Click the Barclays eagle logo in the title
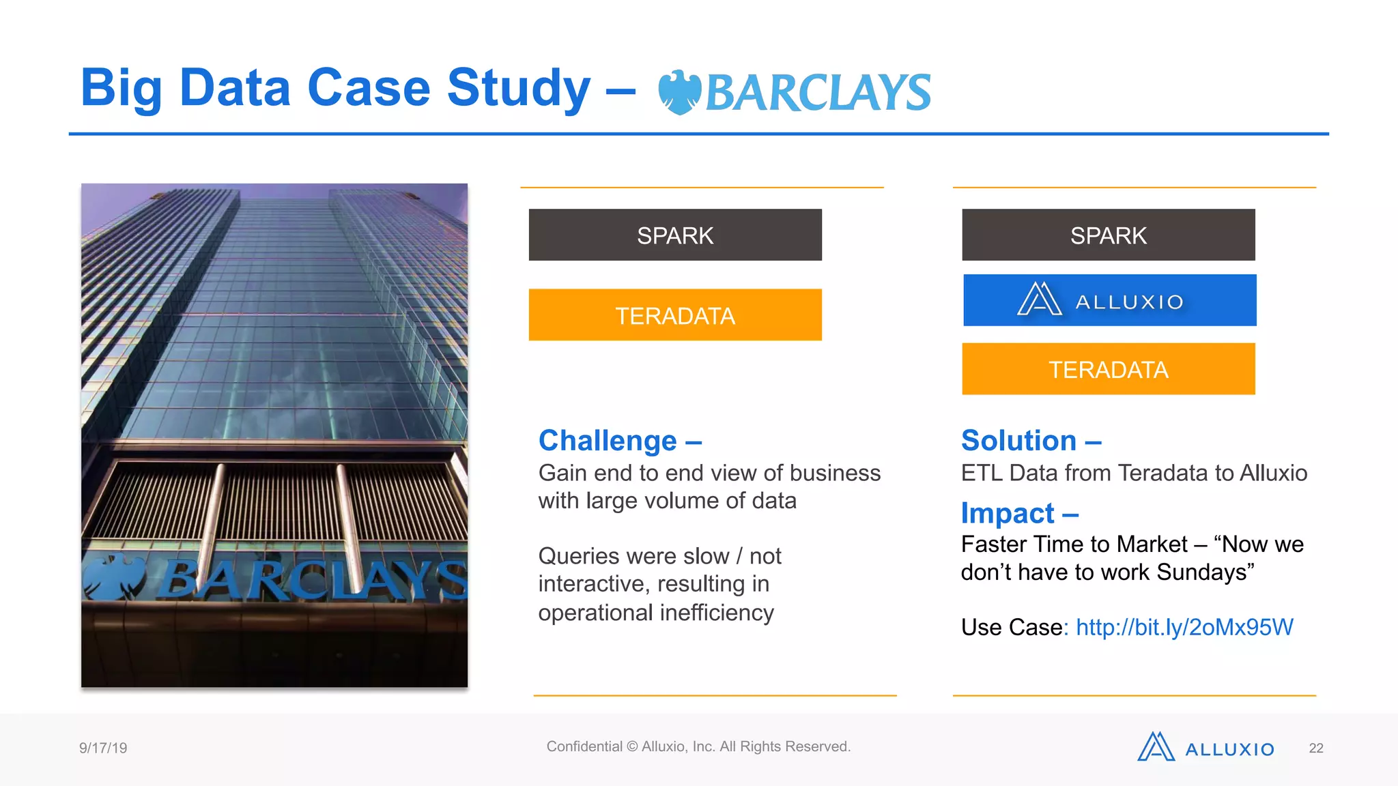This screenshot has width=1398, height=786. [x=679, y=92]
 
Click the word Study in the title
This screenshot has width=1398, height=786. [x=518, y=89]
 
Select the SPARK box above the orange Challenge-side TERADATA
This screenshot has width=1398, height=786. [x=675, y=235]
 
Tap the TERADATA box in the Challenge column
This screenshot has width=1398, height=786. [x=675, y=315]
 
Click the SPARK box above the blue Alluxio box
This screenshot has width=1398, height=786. [x=1108, y=235]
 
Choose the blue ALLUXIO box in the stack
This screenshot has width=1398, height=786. [x=1109, y=300]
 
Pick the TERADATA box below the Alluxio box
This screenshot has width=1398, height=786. [x=1108, y=369]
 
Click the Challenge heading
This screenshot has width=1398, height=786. [x=608, y=441]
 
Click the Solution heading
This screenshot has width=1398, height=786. [x=1018, y=441]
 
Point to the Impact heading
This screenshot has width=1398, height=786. [x=1008, y=513]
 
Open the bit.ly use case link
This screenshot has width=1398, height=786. [x=1184, y=627]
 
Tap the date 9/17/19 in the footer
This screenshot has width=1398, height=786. [x=103, y=748]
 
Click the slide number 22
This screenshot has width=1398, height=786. [x=1316, y=748]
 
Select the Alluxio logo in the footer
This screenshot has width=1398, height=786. [x=1206, y=748]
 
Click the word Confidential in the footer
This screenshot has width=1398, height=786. [x=584, y=746]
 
